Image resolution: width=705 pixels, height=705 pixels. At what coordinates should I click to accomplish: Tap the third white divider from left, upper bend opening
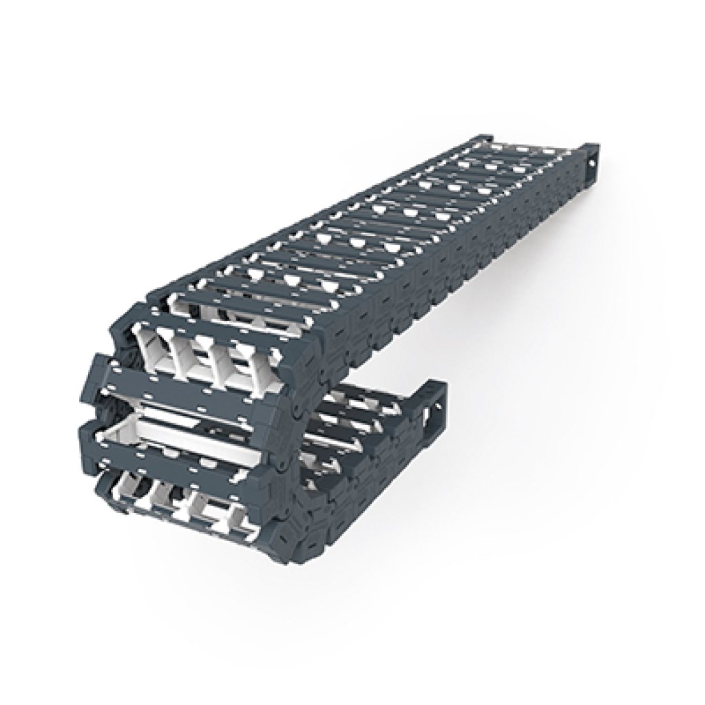click(x=217, y=357)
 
